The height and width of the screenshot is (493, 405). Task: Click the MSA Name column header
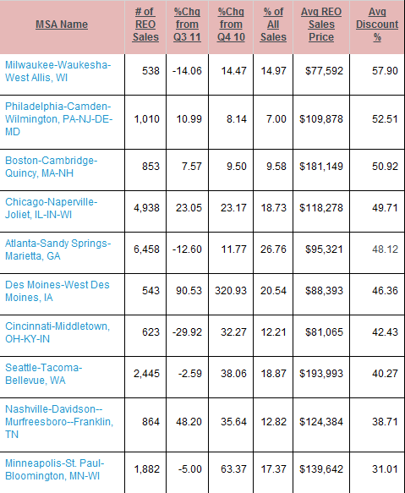pos(62,25)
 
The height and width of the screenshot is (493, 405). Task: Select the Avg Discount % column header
pos(377,25)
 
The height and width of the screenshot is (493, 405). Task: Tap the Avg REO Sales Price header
pos(321,25)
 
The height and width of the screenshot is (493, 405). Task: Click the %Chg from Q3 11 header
pos(187,25)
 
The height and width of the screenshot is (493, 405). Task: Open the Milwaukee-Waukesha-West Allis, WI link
pos(57,71)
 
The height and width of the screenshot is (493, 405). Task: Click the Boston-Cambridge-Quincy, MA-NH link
pos(51,167)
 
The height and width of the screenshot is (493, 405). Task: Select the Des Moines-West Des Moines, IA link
pos(57,291)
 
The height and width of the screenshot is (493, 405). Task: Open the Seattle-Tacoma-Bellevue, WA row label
pos(43,374)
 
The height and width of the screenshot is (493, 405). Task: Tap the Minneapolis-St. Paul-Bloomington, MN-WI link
pos(54,469)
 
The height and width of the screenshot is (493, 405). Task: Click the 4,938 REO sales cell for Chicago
pos(146,208)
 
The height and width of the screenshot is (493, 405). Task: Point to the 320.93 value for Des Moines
pos(231,291)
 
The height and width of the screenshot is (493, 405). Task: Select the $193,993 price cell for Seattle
pos(321,374)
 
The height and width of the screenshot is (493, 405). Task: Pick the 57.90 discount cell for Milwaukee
pos(385,71)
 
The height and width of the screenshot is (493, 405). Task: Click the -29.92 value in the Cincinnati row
pos(187,332)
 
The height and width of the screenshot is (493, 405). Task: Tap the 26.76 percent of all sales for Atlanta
pos(273,249)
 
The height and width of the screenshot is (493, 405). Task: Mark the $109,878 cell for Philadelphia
pos(321,119)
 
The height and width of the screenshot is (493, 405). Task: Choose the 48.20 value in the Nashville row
pos(189,422)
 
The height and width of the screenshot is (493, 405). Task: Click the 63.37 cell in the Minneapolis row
pos(233,469)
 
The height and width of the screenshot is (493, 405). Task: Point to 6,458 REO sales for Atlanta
pos(146,249)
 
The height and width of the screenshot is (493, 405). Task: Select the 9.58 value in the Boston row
pos(276,167)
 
